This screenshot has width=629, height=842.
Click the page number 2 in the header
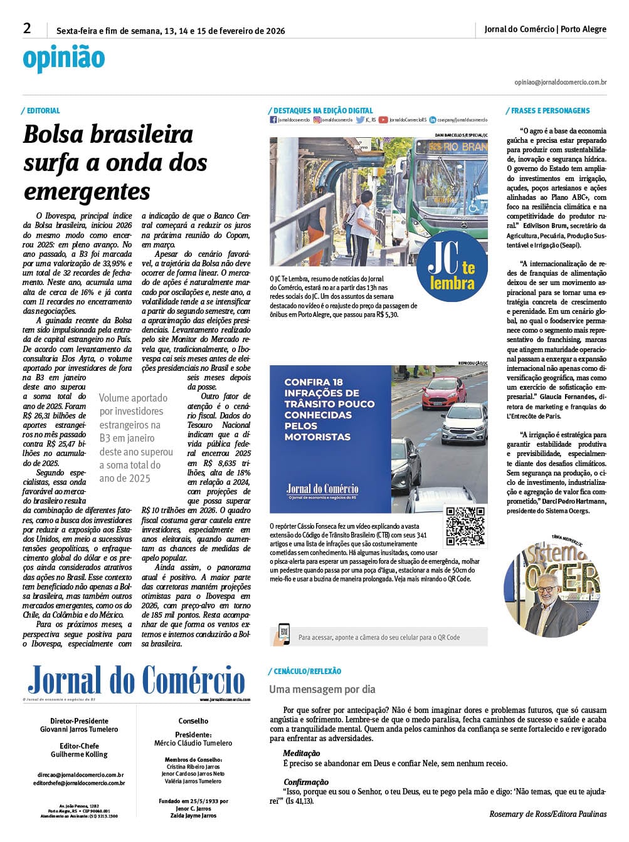coord(27,29)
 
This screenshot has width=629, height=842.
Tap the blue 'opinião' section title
coord(63,58)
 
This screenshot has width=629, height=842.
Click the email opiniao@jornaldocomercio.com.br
coord(560,82)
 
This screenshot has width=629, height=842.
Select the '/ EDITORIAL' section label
coord(41,111)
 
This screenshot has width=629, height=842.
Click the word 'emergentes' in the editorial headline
coord(87,191)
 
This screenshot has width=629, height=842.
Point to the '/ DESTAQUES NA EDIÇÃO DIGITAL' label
coord(320,111)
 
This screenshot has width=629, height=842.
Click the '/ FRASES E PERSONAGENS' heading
coord(548,111)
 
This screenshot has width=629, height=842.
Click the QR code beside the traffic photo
coord(465,526)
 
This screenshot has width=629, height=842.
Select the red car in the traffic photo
coord(441,393)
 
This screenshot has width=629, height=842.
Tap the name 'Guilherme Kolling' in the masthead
coord(79,755)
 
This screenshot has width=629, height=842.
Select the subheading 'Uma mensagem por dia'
coord(322,690)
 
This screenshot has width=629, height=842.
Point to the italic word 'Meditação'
coord(302,754)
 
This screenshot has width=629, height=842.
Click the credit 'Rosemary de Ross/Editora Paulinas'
coord(547,814)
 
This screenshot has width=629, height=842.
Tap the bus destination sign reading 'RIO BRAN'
coord(456,147)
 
